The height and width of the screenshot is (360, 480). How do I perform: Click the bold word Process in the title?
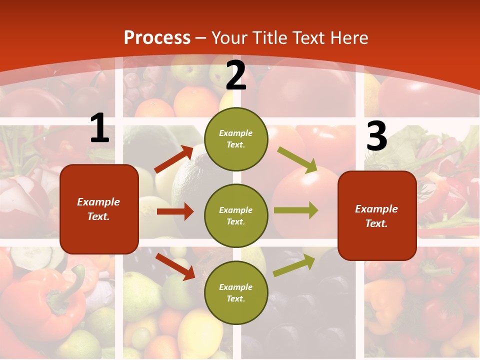(157, 38)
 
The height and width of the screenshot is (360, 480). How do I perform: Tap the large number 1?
(99, 128)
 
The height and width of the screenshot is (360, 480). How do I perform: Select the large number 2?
(236, 75)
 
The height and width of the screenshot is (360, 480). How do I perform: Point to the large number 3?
(376, 136)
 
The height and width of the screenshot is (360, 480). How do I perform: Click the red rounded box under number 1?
(99, 209)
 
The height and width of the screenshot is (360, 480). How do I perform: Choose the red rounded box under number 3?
(377, 216)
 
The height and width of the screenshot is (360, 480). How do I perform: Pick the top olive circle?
(236, 139)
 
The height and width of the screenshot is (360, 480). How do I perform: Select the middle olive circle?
(236, 215)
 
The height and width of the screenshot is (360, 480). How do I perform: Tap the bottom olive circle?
(236, 292)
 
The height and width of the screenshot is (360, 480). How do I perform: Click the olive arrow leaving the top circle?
(297, 160)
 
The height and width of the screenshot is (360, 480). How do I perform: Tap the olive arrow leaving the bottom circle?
(294, 265)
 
